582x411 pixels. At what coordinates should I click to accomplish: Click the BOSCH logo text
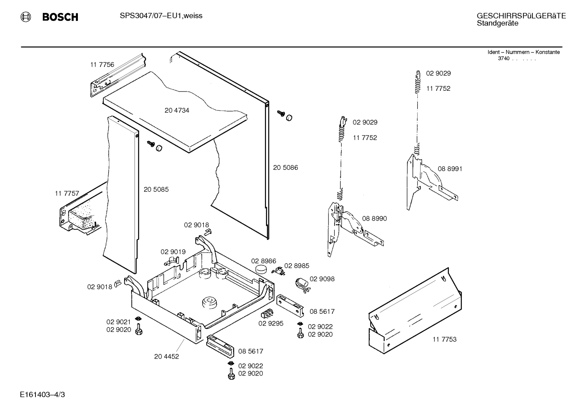60,17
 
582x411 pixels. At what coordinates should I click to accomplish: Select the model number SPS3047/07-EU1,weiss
161,16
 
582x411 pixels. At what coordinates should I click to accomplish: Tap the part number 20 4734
177,111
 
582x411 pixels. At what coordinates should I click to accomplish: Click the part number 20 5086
285,167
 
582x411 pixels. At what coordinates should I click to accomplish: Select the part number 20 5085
156,189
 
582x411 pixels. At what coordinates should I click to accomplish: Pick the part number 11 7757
67,194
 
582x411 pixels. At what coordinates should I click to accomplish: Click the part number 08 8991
450,169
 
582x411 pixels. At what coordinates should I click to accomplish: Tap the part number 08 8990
374,219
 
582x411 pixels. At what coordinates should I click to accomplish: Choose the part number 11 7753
444,339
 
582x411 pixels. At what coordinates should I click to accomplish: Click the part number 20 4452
166,357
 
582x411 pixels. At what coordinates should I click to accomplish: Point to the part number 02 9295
271,323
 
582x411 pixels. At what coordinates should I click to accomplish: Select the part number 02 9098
322,279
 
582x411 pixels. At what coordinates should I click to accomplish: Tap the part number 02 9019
173,252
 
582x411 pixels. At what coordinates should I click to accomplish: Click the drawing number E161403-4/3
42,394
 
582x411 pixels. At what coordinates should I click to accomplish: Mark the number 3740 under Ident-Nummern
503,58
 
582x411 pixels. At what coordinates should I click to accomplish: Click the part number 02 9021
118,322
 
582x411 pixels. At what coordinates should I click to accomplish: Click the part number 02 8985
297,266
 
